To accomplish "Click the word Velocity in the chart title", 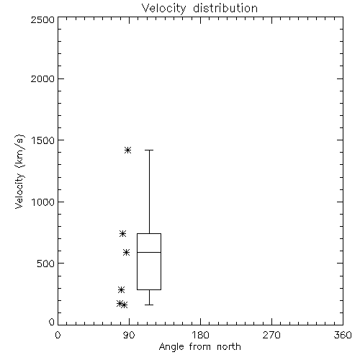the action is click(x=163, y=9).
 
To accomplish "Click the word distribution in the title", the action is click(x=225, y=8).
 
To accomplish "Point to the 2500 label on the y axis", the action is click(x=42, y=19).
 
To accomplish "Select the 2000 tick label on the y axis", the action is click(x=42, y=78).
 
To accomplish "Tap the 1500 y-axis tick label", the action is click(x=43, y=140).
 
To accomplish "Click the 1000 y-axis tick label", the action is click(x=43, y=202).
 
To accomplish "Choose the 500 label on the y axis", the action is click(x=46, y=264).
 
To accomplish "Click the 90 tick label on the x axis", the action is click(x=129, y=335).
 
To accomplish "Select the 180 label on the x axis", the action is click(x=200, y=335).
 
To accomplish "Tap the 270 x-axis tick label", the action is click(x=271, y=335).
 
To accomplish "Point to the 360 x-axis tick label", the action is click(x=343, y=335).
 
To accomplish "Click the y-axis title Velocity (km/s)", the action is click(x=19, y=171).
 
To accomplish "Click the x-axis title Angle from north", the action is click(x=200, y=347).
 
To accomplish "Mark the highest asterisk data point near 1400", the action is click(x=127, y=150).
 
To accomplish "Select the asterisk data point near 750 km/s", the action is click(x=122, y=233).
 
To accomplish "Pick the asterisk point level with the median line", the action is click(x=127, y=252).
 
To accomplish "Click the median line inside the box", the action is click(x=149, y=252).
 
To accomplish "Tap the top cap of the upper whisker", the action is click(x=149, y=150).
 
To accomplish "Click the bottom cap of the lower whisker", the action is click(x=149, y=305).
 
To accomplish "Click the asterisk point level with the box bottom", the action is click(x=122, y=289).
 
